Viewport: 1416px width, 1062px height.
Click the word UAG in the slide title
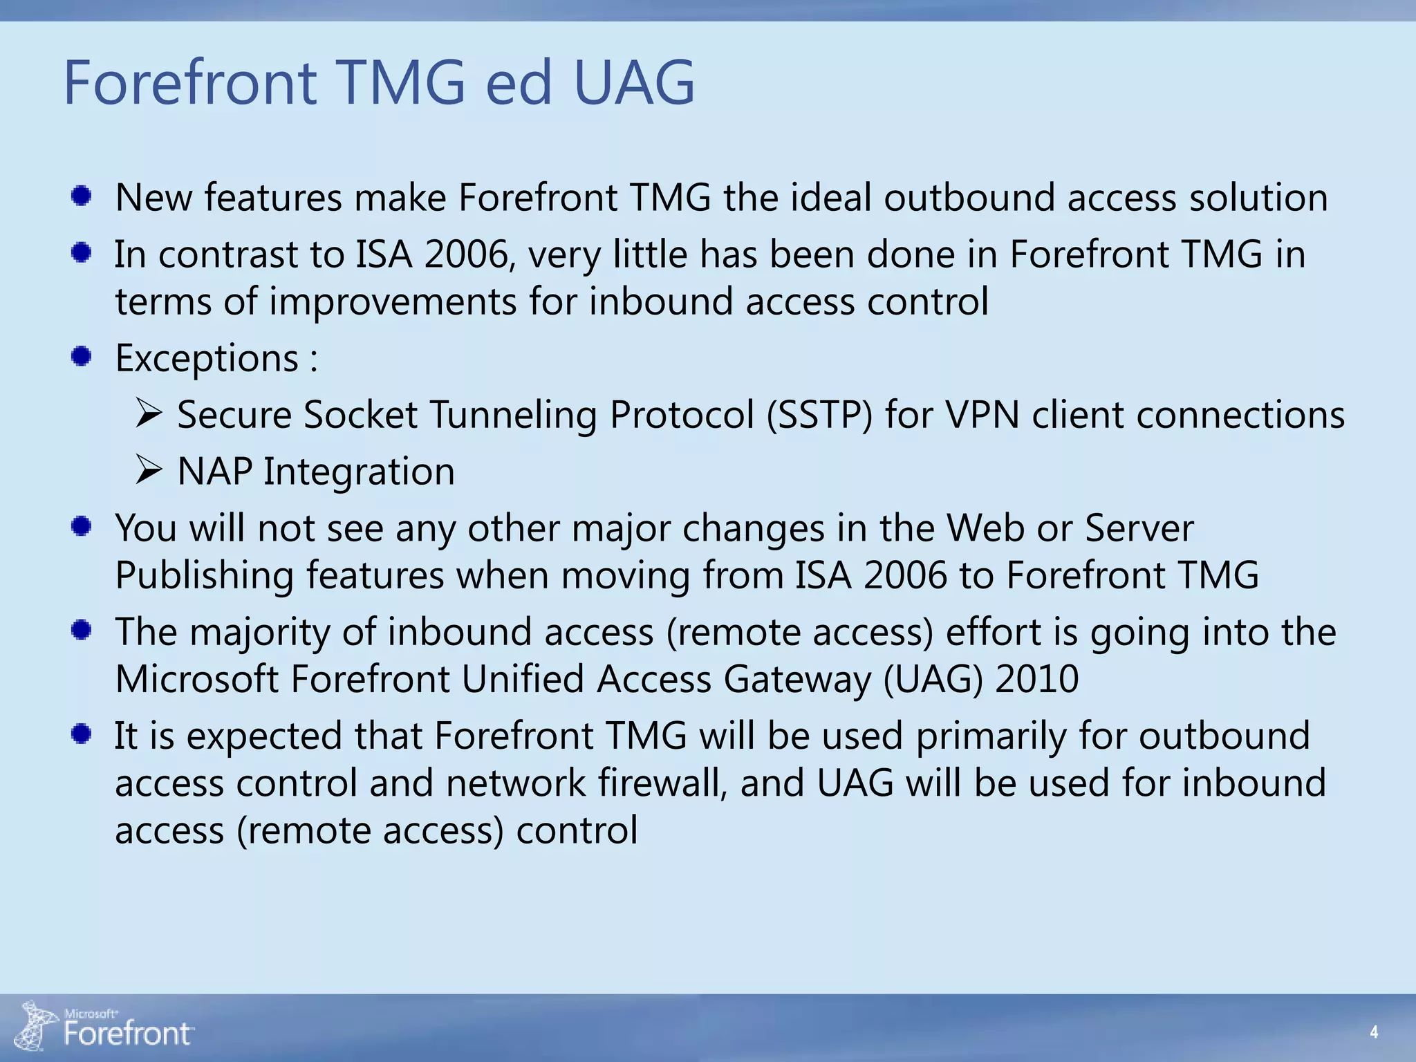[633, 83]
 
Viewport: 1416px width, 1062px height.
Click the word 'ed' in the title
[519, 83]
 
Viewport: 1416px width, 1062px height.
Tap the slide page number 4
[1374, 1032]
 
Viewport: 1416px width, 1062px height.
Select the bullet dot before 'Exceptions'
[82, 357]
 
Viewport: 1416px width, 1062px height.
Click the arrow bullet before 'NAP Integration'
[149, 470]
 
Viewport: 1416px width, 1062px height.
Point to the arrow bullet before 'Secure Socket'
[149, 413]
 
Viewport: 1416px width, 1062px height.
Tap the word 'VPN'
[982, 415]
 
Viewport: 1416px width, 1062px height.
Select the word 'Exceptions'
[207, 358]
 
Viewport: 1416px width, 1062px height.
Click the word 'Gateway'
[797, 679]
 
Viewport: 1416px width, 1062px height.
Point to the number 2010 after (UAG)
[1037, 679]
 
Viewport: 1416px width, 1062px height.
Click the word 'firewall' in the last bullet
[662, 783]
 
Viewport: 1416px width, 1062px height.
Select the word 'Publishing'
[205, 576]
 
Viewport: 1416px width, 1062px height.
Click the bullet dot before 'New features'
[82, 196]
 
